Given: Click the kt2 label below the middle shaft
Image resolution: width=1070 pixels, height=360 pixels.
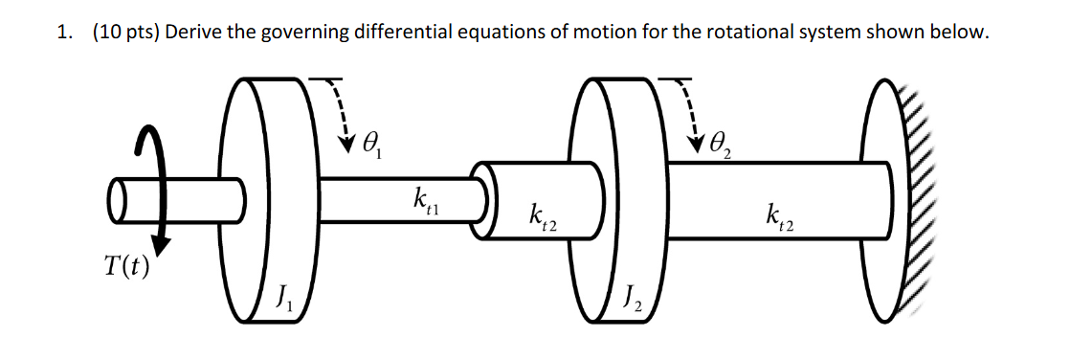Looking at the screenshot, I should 543,218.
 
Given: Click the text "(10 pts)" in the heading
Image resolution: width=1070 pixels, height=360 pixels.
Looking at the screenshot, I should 127,33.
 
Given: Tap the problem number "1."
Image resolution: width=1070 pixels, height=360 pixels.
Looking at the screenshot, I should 64,33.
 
